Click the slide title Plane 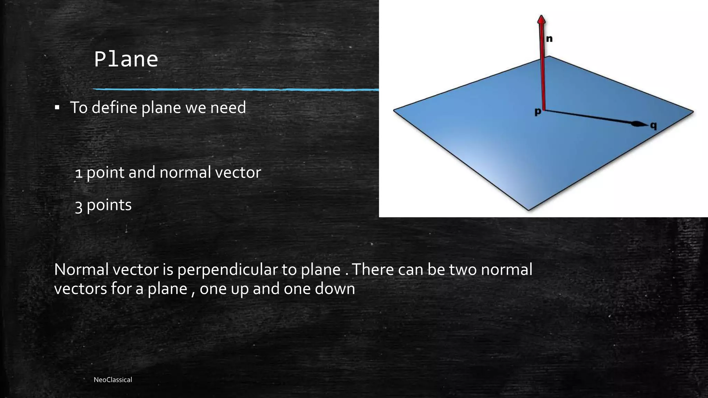(126, 59)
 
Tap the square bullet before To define (57, 108)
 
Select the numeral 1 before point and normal (79, 173)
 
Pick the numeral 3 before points (79, 206)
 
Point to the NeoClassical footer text (113, 380)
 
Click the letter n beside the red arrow (549, 39)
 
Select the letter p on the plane (538, 112)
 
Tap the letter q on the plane (653, 126)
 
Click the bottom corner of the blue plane (529, 210)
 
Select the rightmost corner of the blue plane (693, 112)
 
